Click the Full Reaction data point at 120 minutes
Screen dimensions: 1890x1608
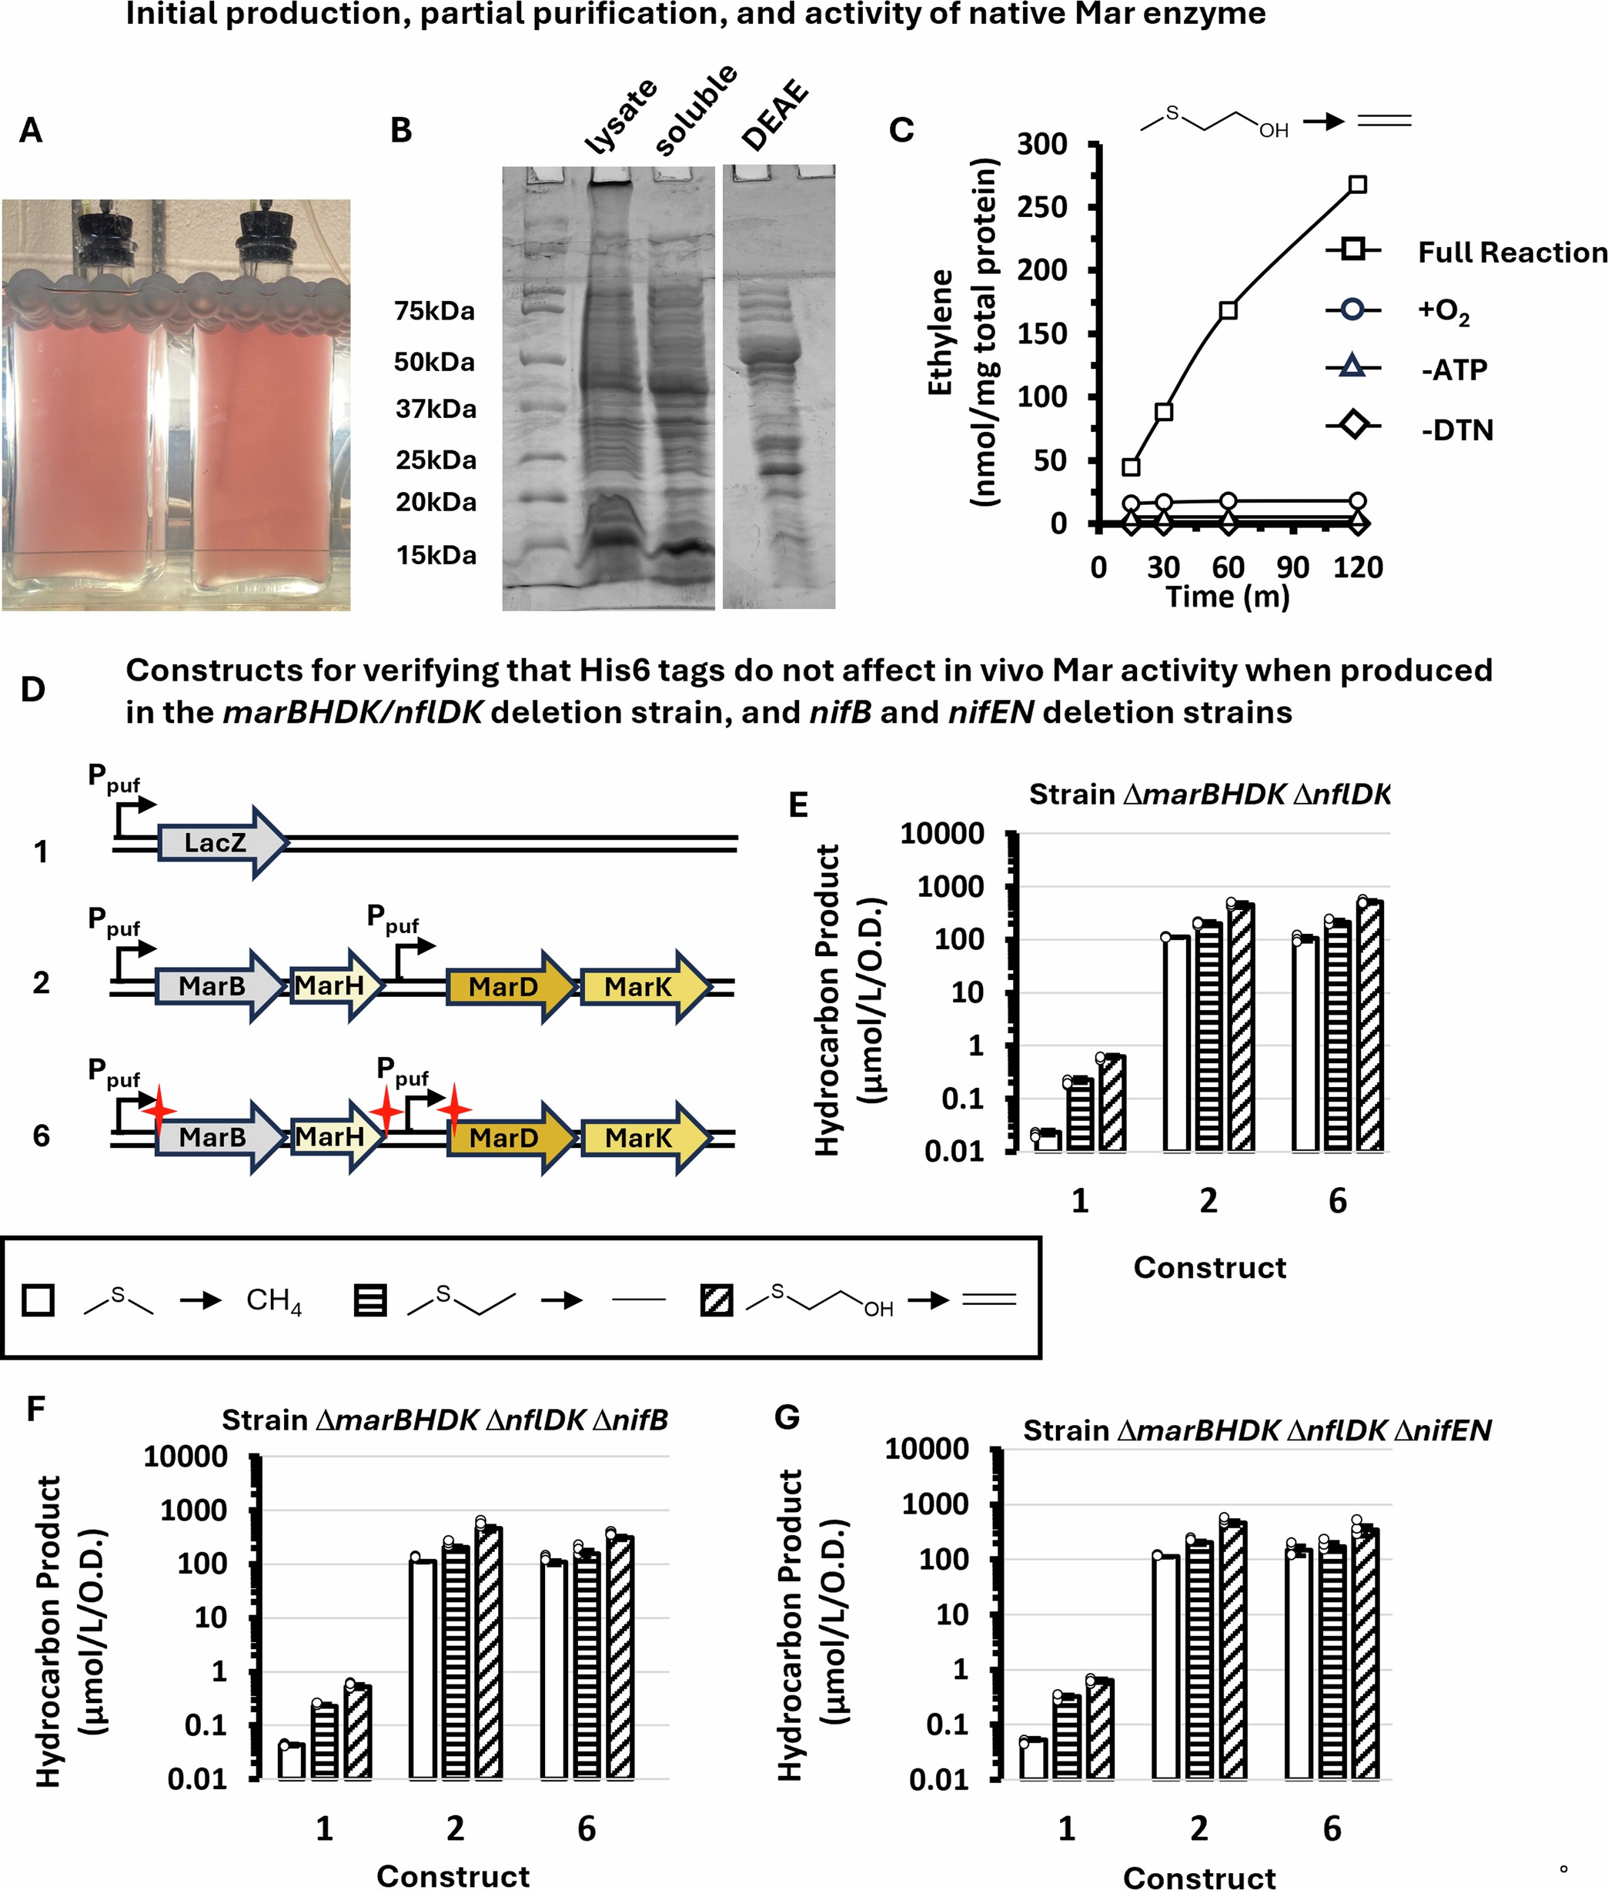click(1356, 184)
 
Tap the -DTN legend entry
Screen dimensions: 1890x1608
click(1456, 430)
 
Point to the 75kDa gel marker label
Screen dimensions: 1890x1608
click(434, 312)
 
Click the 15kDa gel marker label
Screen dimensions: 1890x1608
click(435, 555)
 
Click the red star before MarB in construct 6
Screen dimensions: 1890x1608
click(159, 1109)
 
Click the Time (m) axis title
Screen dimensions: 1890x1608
click(1227, 597)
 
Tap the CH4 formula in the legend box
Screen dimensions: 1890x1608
click(273, 1300)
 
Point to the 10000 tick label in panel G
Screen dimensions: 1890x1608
click(926, 1448)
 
